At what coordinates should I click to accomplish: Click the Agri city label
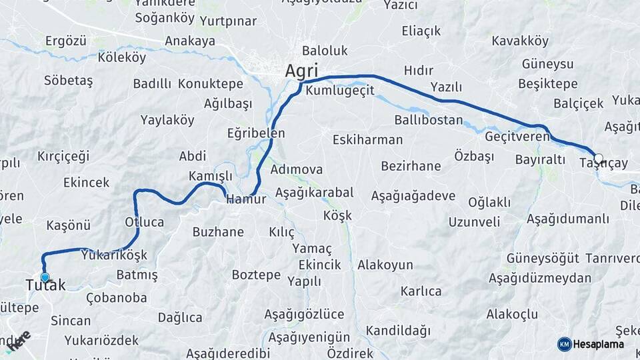(x=301, y=71)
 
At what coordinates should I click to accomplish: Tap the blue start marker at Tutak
(x=45, y=277)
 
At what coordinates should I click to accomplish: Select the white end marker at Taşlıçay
(x=598, y=159)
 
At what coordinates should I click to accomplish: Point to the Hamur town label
(x=246, y=199)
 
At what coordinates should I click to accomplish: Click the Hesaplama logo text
(x=599, y=344)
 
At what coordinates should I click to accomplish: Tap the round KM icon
(x=564, y=344)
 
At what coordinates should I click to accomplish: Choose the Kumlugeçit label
(x=340, y=90)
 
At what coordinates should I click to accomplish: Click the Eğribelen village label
(x=256, y=133)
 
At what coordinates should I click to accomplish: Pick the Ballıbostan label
(x=429, y=120)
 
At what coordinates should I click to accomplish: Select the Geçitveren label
(x=517, y=136)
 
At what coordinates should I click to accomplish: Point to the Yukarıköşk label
(x=113, y=255)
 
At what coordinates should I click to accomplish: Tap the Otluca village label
(x=144, y=222)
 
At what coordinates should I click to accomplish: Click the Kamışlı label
(x=211, y=175)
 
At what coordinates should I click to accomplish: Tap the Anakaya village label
(x=190, y=41)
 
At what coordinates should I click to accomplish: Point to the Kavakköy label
(x=520, y=41)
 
